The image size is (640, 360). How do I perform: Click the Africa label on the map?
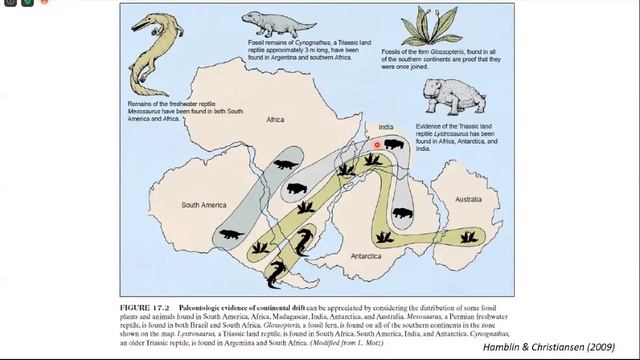(275, 120)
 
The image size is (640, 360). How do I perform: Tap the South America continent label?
(203, 205)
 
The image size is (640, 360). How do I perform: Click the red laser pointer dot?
(378, 145)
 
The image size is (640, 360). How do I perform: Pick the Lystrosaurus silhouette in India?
(393, 146)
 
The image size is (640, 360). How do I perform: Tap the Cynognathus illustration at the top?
(268, 21)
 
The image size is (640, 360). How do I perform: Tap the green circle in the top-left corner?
(27, 4)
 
